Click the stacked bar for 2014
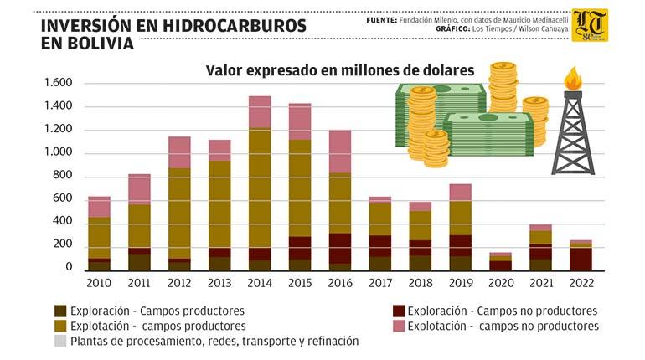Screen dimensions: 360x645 260,184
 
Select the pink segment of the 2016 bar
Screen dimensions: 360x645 340,152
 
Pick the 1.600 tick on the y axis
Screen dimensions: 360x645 58,83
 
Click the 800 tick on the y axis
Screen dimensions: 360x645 62,175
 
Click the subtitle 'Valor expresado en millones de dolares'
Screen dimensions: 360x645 340,69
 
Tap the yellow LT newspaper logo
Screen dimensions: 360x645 590,25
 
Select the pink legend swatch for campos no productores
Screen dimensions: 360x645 398,326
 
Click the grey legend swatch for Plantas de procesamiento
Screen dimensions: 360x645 59,342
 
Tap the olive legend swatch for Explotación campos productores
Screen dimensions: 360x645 59,326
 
